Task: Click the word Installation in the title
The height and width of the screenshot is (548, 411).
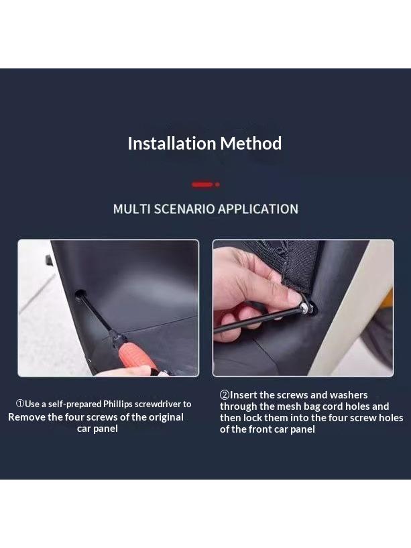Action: coord(172,144)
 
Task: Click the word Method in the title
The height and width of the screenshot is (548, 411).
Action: coord(251,144)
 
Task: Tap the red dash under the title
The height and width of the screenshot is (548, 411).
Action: coord(202,184)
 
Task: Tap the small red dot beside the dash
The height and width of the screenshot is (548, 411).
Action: coord(217,184)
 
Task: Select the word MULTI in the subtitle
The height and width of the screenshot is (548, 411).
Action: coord(132,209)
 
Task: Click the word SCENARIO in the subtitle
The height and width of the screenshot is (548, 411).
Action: coord(184,209)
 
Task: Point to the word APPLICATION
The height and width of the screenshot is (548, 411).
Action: coord(258,209)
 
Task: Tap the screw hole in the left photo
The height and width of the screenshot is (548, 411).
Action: coord(80,294)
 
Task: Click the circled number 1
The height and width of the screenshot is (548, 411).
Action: coord(20,404)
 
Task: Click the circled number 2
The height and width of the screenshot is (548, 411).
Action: coord(225,395)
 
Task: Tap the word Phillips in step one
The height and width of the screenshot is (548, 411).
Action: coord(118,404)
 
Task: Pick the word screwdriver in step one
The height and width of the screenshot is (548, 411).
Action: coord(158,404)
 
